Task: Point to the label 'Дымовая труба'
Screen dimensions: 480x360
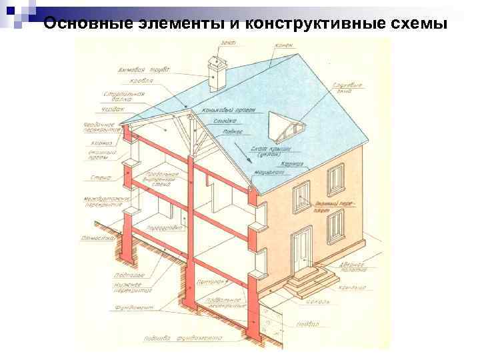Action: tap(143, 69)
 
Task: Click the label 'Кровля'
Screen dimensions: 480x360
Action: tap(142, 82)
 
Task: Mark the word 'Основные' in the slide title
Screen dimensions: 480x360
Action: tap(79, 24)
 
